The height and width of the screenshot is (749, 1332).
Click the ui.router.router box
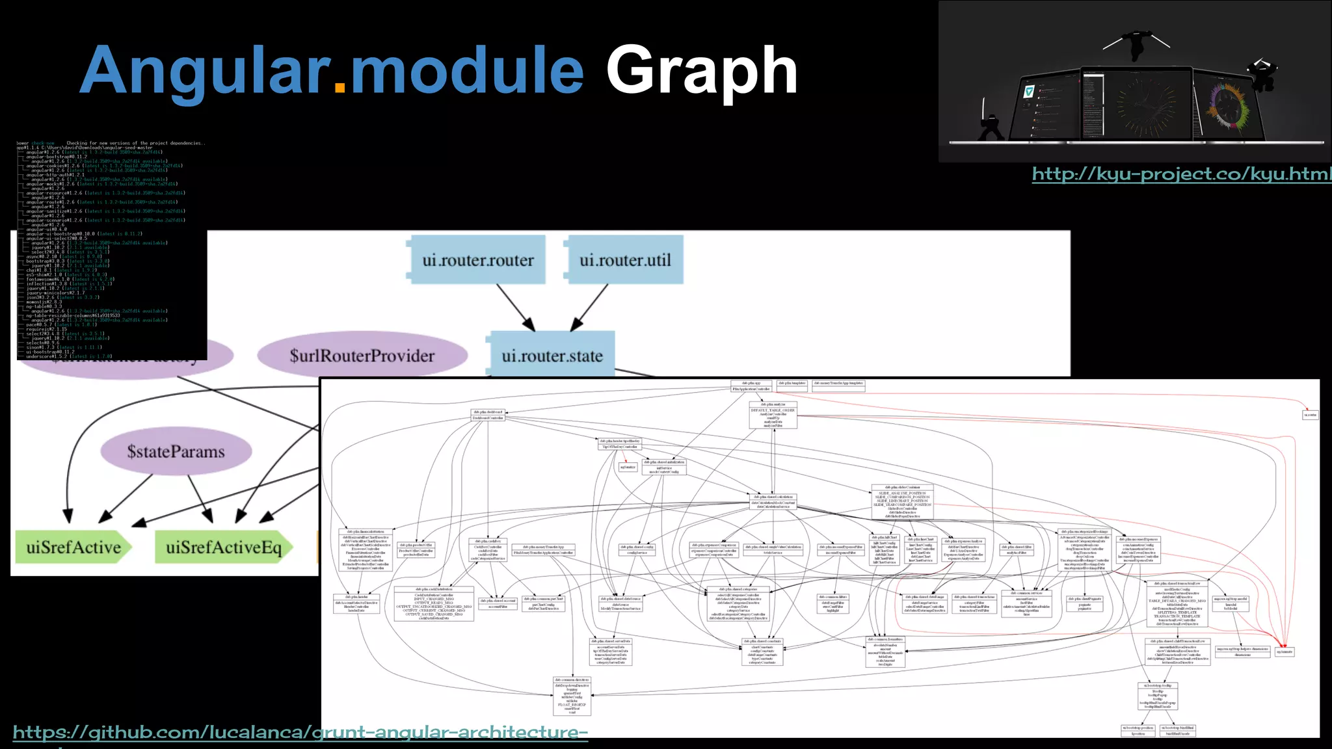[478, 260]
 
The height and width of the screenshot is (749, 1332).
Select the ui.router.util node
[624, 260]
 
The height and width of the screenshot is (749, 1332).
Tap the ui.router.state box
[552, 355]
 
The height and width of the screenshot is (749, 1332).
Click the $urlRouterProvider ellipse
[362, 356]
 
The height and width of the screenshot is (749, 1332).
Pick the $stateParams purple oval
[176, 451]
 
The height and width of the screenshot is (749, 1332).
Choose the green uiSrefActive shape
[73, 547]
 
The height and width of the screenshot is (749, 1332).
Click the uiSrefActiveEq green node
[223, 547]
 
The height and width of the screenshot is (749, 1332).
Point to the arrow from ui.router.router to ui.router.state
[515, 307]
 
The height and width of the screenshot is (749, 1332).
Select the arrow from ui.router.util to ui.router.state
[589, 308]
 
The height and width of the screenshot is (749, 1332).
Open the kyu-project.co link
[1181, 174]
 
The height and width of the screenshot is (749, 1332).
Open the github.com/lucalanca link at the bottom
[300, 732]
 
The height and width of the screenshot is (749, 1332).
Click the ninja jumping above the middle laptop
[1136, 44]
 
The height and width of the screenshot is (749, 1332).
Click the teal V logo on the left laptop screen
[1028, 92]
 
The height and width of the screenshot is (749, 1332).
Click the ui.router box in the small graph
[1310, 415]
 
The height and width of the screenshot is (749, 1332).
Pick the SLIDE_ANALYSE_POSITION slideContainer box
[902, 501]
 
